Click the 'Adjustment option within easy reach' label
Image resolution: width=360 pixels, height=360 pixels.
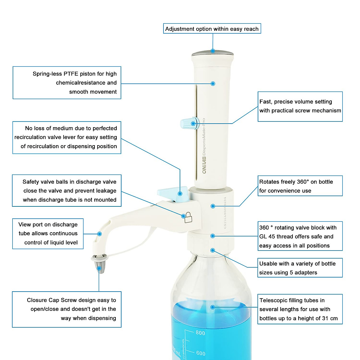click(212, 29)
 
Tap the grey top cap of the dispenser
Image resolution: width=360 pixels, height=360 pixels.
click(212, 53)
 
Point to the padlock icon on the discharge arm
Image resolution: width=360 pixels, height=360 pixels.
click(188, 217)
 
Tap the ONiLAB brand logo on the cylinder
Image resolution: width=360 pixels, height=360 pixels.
click(204, 165)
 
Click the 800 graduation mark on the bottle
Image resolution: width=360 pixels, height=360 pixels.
click(200, 333)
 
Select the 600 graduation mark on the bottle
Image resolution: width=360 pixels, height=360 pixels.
click(201, 353)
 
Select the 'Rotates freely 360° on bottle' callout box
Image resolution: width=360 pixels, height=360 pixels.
click(300, 186)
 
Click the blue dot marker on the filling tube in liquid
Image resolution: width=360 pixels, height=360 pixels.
click(212, 307)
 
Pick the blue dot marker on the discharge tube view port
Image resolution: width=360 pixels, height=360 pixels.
click(100, 234)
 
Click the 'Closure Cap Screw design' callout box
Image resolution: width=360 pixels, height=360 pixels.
click(67, 309)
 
